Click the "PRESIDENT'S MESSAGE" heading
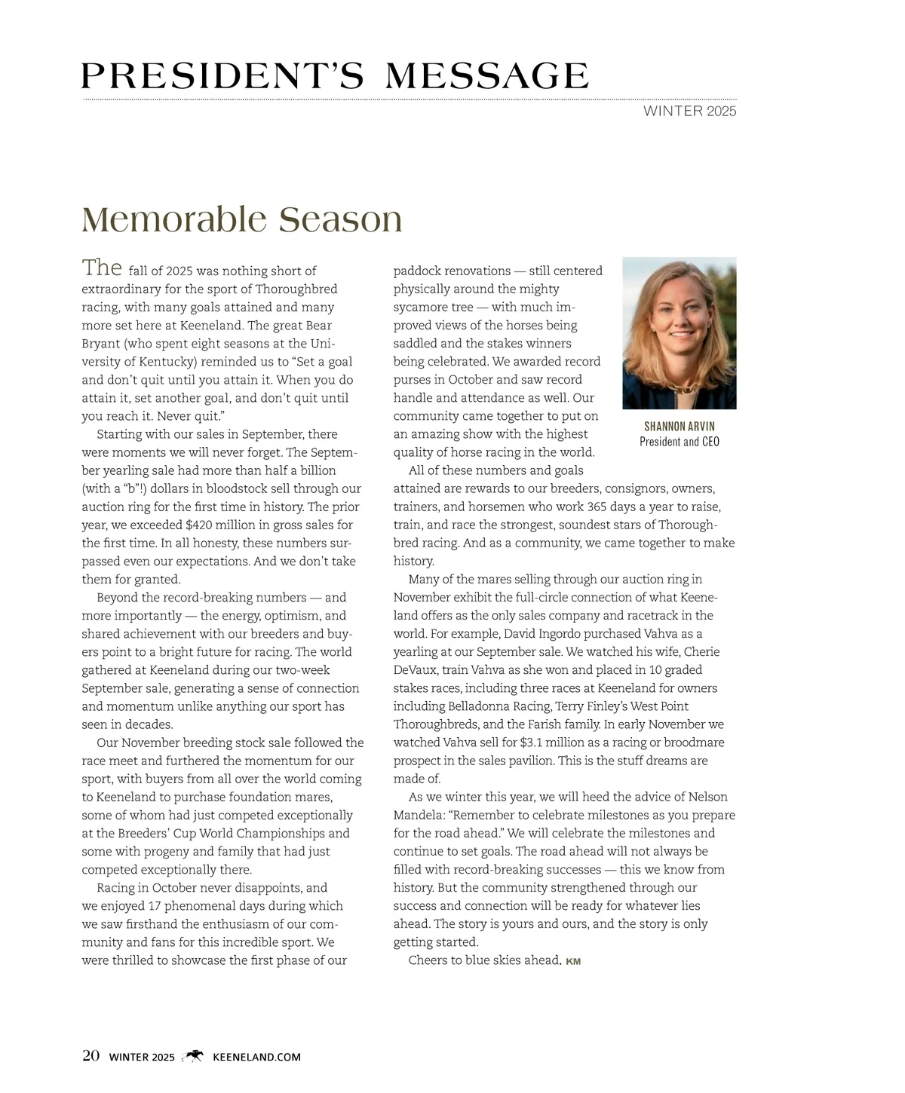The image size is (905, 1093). click(335, 76)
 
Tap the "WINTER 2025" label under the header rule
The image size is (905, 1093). click(689, 112)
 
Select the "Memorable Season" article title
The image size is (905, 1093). click(241, 219)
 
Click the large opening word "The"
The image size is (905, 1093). click(102, 268)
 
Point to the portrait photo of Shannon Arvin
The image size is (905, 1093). click(679, 333)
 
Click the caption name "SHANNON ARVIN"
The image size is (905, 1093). click(679, 427)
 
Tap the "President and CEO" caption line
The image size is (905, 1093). click(679, 442)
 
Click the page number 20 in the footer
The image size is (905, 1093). click(90, 1056)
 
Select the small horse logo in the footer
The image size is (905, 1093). click(194, 1056)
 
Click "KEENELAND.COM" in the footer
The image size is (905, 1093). click(257, 1057)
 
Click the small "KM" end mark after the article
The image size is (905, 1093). click(573, 961)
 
